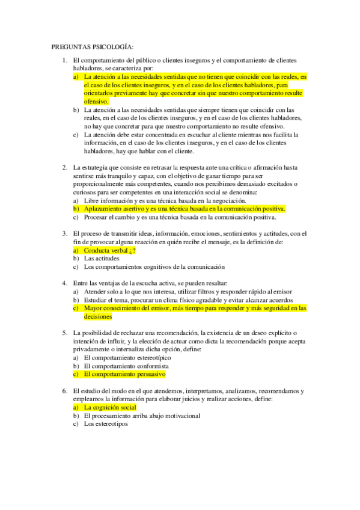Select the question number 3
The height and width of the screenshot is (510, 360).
(x=65, y=233)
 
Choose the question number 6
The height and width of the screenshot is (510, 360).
(x=65, y=390)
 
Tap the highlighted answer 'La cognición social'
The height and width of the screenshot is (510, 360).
(x=111, y=407)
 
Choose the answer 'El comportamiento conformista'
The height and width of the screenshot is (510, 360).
(x=126, y=366)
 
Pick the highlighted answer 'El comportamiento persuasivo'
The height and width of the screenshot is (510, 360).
(x=124, y=374)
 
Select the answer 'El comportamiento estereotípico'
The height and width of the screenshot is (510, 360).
(x=127, y=357)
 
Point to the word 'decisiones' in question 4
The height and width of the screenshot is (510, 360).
(x=98, y=316)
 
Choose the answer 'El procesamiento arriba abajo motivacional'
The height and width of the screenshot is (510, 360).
(x=142, y=416)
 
